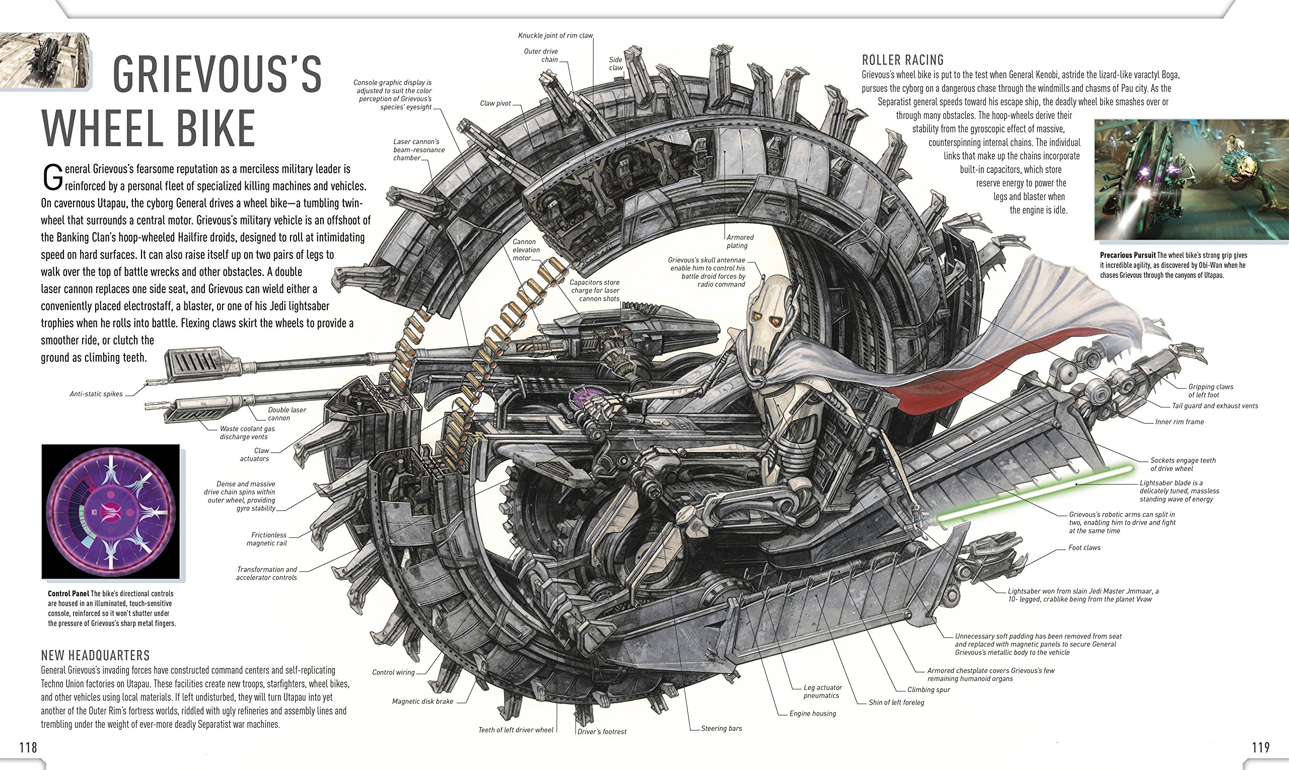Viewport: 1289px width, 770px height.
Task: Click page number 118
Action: (28, 747)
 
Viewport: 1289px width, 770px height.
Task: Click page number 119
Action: (1260, 747)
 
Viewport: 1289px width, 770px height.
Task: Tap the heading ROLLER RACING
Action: (903, 60)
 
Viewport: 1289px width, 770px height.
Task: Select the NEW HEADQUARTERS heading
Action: (96, 655)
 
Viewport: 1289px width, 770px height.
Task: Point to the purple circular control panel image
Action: (110, 512)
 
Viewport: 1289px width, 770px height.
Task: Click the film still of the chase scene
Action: (1190, 179)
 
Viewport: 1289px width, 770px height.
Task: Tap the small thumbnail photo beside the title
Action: (45, 61)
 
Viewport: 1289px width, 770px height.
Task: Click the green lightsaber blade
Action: (1032, 493)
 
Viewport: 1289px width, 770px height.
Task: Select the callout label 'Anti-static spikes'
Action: (96, 394)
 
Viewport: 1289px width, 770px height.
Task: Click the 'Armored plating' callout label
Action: (740, 241)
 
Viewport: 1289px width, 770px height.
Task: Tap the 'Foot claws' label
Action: (1084, 547)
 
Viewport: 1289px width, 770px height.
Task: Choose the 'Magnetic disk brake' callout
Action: (422, 702)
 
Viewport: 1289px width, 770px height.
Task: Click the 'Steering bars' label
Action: (721, 729)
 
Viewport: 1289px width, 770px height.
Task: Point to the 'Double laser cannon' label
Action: (287, 413)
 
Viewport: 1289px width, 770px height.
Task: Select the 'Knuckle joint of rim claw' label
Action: (555, 36)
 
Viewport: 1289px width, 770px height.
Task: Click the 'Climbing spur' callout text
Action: (928, 689)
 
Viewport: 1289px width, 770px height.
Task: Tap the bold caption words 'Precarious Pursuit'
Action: (1128, 255)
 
